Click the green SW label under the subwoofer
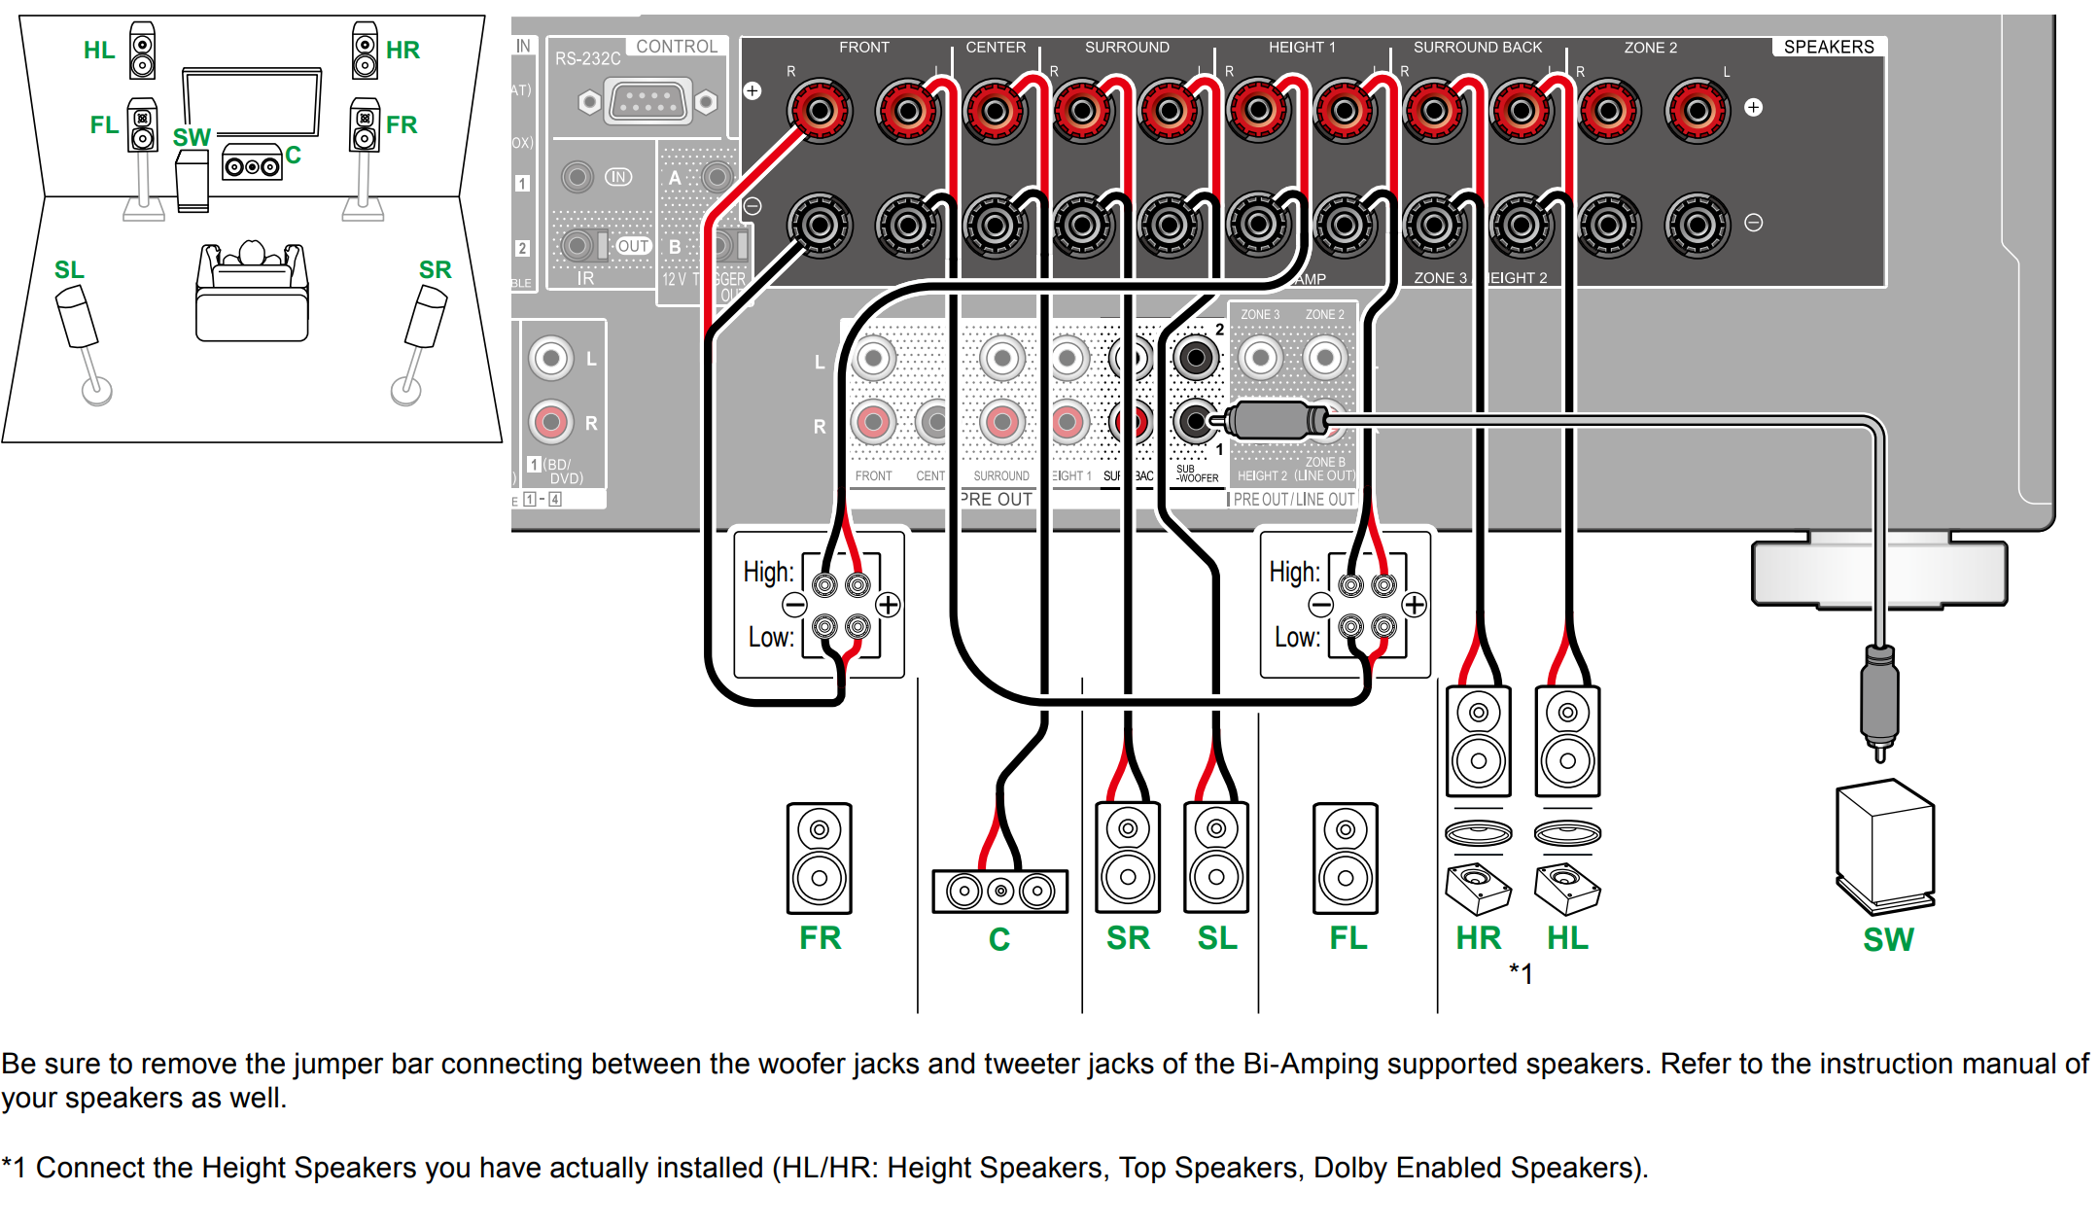tap(1887, 939)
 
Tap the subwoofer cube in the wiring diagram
tap(1884, 845)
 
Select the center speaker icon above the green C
tap(999, 891)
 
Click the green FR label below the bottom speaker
tap(820, 938)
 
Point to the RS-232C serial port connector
tap(647, 101)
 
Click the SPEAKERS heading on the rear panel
tap(1828, 47)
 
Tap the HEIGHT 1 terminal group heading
tap(1301, 47)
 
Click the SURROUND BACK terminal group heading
tap(1477, 47)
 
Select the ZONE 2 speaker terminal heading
tap(1650, 47)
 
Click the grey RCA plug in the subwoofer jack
tap(1274, 421)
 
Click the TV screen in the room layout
tap(252, 102)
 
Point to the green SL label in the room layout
tap(69, 269)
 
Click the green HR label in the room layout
tap(402, 50)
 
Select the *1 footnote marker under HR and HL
tap(1521, 973)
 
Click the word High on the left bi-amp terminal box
tap(768, 572)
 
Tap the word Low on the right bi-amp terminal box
tap(1297, 638)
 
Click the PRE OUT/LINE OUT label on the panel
tap(1293, 499)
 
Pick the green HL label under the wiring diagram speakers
tap(1567, 938)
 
